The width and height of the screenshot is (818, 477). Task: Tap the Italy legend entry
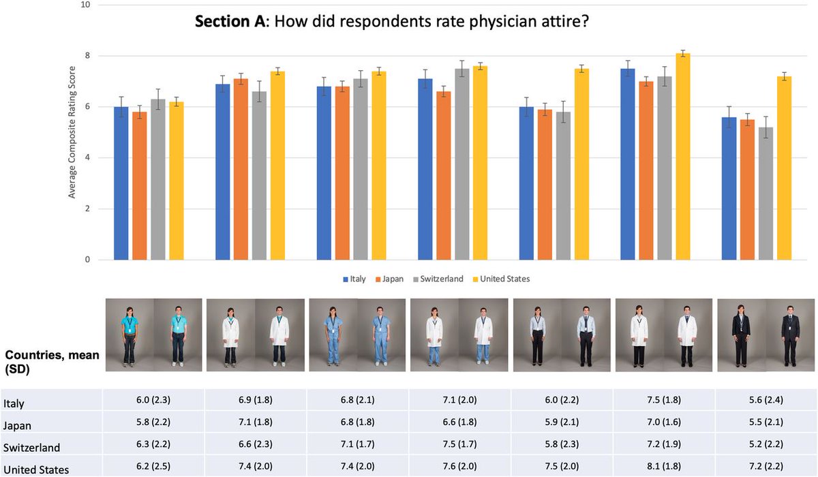click(357, 279)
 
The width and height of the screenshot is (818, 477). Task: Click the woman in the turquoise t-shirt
click(128, 334)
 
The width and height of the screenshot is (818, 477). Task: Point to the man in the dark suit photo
click(790, 334)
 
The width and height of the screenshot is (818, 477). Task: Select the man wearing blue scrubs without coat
click(382, 334)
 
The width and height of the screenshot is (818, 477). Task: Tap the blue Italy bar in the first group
click(121, 183)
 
